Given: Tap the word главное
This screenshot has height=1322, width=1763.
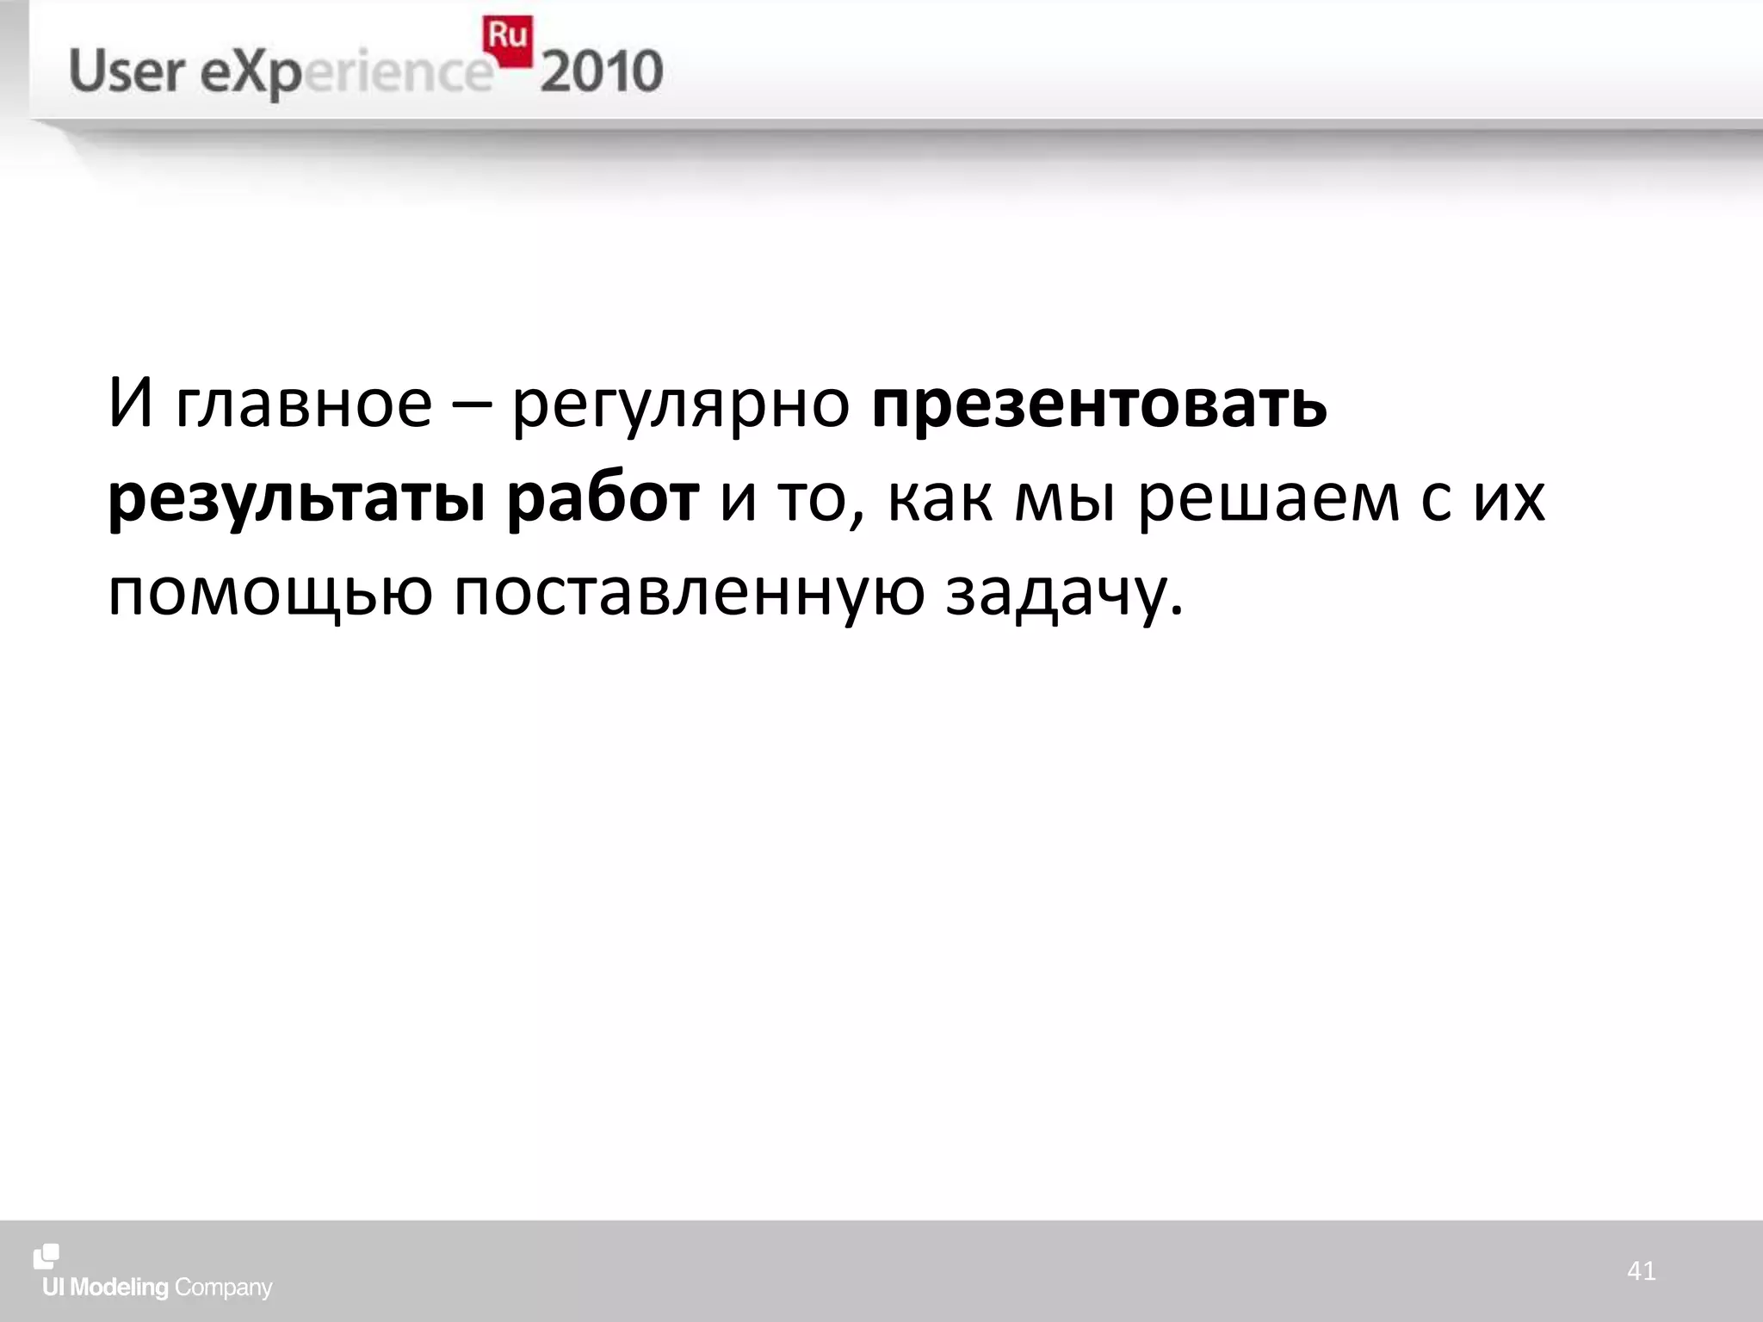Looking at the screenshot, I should click(303, 405).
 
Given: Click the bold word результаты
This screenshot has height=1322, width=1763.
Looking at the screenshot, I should click(297, 501).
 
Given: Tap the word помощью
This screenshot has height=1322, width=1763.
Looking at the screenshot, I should click(269, 594).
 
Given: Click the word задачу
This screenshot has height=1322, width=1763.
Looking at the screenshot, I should click(1064, 594).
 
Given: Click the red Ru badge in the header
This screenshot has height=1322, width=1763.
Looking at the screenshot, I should click(507, 39).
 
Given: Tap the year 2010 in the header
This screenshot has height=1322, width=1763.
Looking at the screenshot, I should click(602, 72).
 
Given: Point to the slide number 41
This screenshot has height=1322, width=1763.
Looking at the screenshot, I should click(1642, 1271).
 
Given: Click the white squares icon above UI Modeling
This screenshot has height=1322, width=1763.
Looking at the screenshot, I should click(46, 1257).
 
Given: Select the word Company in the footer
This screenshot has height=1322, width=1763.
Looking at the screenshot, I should click(223, 1288).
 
